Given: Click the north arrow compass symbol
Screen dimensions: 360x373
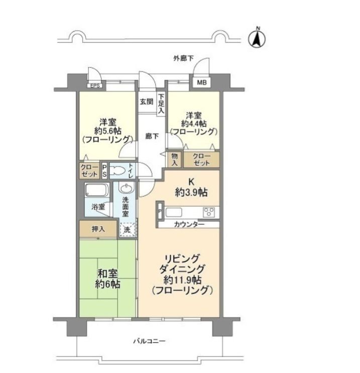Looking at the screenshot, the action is pyautogui.click(x=257, y=38).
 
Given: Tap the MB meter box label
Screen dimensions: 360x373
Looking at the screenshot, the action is pyautogui.click(x=202, y=82).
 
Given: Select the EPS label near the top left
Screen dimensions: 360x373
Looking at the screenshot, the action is pyautogui.click(x=95, y=85).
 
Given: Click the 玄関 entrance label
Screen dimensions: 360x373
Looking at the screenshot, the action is pyautogui.click(x=146, y=102).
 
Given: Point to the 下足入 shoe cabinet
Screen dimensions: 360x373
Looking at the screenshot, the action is pyautogui.click(x=161, y=104).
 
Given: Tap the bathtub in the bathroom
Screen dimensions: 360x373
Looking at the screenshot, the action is pyautogui.click(x=97, y=190).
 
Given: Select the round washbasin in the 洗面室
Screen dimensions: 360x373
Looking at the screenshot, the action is pyautogui.click(x=127, y=188).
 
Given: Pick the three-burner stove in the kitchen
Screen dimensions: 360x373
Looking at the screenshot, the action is pyautogui.click(x=209, y=212).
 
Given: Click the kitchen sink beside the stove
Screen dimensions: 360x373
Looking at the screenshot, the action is pyautogui.click(x=174, y=213).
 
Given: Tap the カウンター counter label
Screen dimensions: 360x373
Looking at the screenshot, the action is pyautogui.click(x=189, y=224).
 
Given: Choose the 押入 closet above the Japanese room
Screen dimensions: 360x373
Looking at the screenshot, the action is pyautogui.click(x=98, y=229).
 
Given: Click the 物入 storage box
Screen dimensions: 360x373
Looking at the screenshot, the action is pyautogui.click(x=175, y=159).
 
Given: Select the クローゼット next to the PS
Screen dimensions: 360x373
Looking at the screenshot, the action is pyautogui.click(x=89, y=170).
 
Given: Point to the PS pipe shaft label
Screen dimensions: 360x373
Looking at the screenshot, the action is pyautogui.click(x=104, y=171).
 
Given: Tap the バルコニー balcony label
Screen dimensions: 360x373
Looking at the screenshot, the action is pyautogui.click(x=149, y=341).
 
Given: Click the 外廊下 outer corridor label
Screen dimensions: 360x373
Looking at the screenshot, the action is pyautogui.click(x=183, y=58).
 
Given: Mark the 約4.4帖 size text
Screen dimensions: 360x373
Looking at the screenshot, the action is pyautogui.click(x=194, y=124).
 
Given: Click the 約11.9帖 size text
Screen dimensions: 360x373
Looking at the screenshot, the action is pyautogui.click(x=182, y=280).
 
